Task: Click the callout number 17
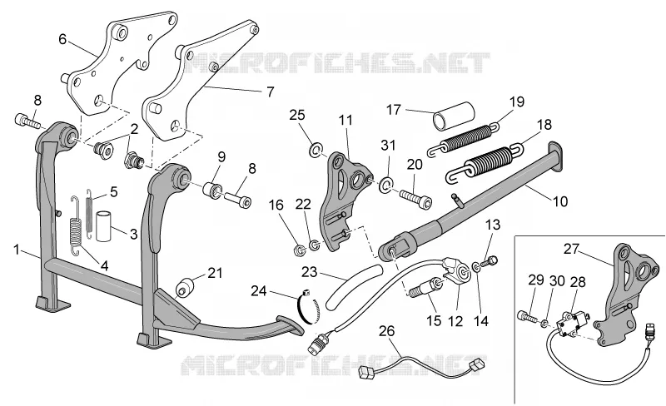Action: [x=394, y=110]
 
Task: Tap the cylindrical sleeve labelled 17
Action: [x=454, y=115]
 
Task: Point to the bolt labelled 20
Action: [x=415, y=197]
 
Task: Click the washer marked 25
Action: [x=315, y=151]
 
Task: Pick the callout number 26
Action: [x=386, y=331]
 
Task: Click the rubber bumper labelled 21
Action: [x=185, y=288]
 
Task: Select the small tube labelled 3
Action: [x=102, y=226]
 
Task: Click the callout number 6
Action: [x=63, y=39]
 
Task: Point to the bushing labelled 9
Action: [x=213, y=190]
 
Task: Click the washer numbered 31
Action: [x=386, y=185]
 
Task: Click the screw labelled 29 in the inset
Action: [x=526, y=316]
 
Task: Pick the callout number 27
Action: [x=572, y=249]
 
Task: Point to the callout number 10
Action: [x=560, y=201]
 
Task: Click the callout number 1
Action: [x=16, y=250]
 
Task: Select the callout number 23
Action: [x=310, y=272]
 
